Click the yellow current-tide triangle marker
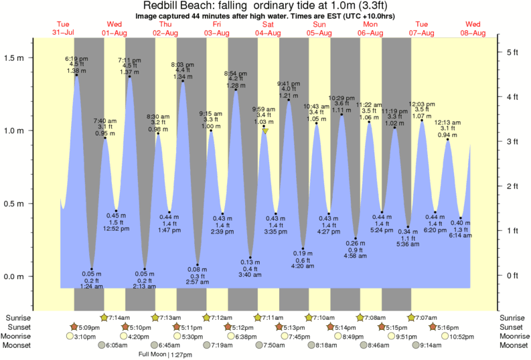[265, 131]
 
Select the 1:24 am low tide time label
[92, 286]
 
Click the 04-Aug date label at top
[267, 33]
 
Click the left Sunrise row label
[18, 317]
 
